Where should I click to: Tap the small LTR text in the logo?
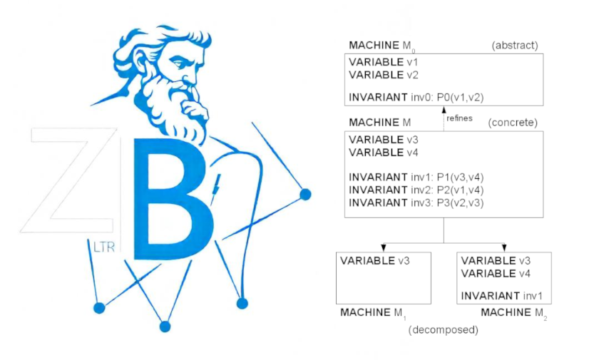(104, 248)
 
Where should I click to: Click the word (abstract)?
(514, 46)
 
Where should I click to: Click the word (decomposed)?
(443, 330)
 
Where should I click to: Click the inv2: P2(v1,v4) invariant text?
(416, 190)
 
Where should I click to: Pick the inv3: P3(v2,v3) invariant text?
(416, 202)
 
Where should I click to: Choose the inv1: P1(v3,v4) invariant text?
(416, 177)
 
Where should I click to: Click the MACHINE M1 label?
(373, 312)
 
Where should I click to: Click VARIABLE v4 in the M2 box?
(496, 273)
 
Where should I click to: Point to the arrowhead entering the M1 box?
(384, 247)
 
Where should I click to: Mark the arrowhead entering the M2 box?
(504, 247)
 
